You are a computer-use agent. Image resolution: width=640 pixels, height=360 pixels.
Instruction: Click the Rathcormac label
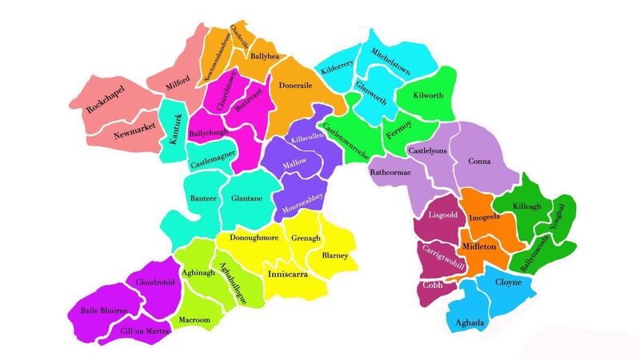tap(391, 171)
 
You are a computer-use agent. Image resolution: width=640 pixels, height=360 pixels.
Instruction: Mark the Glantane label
tap(246, 199)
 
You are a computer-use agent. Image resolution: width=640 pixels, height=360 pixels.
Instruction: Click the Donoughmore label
tap(254, 238)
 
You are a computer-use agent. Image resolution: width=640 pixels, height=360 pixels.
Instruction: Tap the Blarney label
tap(334, 256)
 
